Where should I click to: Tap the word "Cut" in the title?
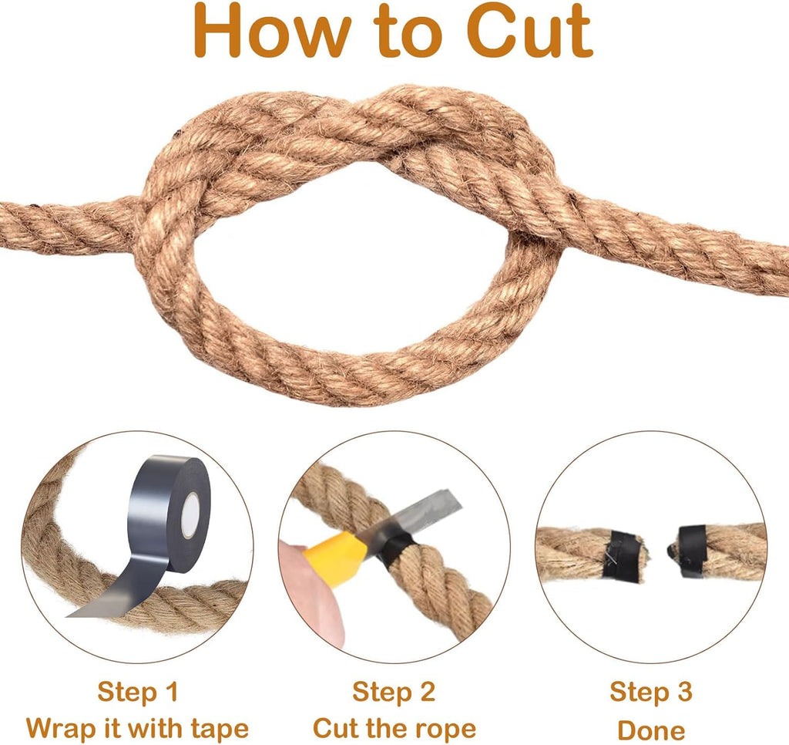pyautogui.click(x=529, y=30)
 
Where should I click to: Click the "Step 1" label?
pyautogui.click(x=138, y=691)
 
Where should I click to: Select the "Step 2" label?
pyautogui.click(x=394, y=691)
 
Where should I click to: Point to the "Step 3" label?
pyautogui.click(x=651, y=691)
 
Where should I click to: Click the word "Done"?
pyautogui.click(x=651, y=730)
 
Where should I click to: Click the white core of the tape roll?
pyautogui.click(x=190, y=515)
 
